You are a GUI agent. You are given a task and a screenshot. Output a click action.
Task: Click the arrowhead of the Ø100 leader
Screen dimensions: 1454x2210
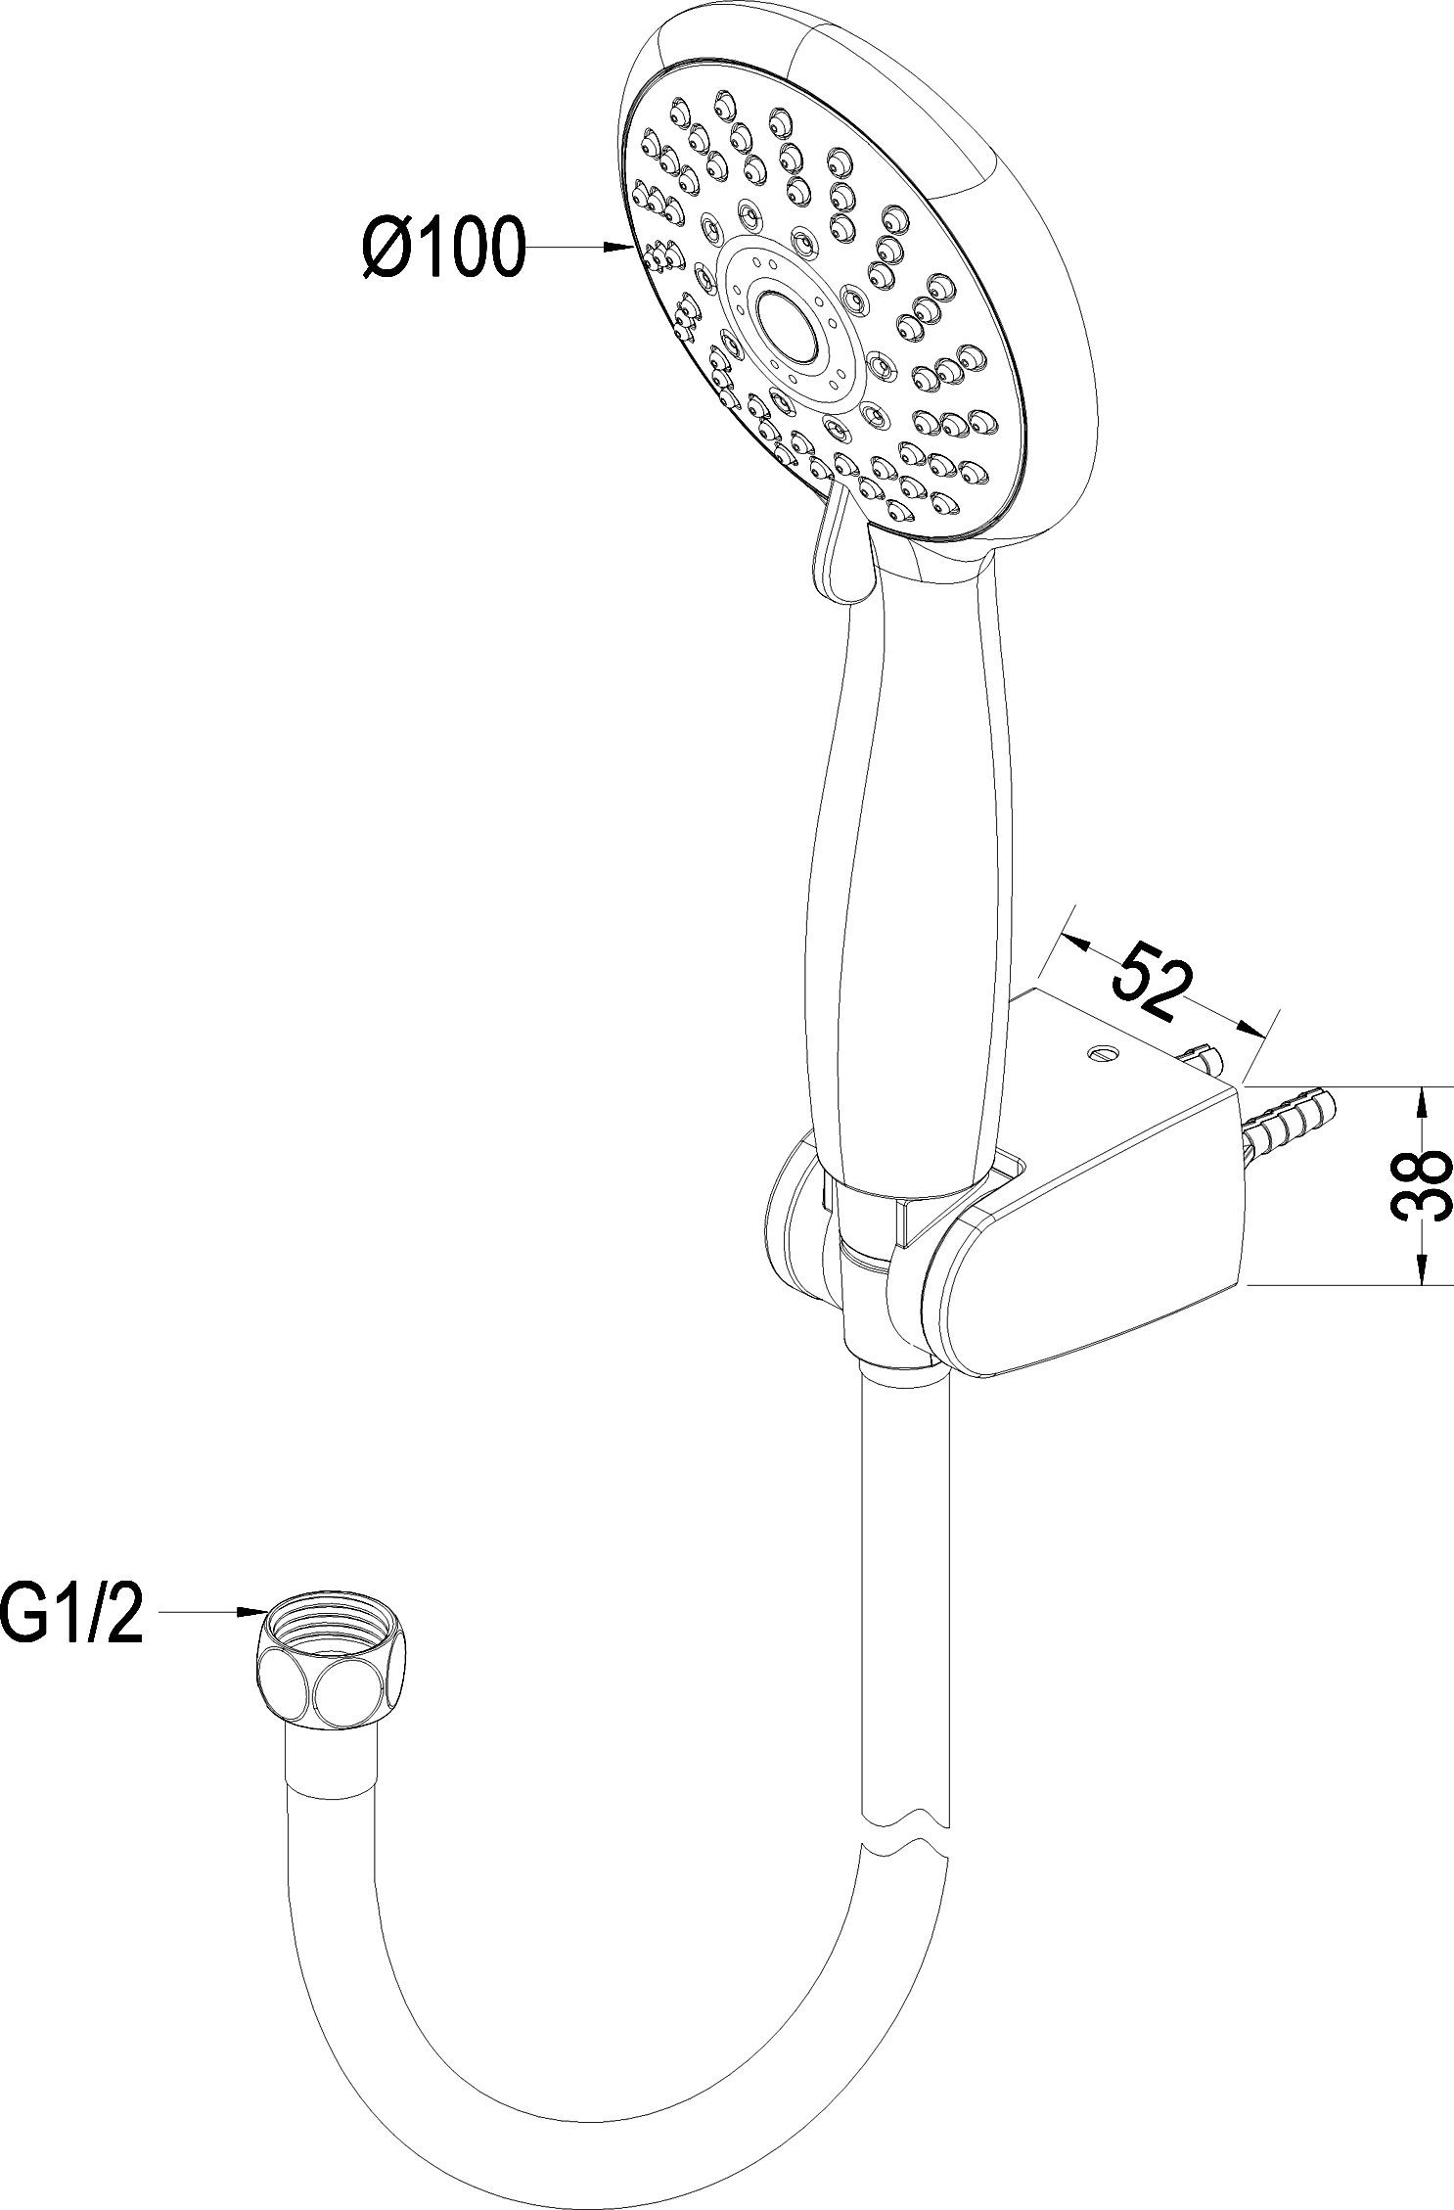(x=617, y=248)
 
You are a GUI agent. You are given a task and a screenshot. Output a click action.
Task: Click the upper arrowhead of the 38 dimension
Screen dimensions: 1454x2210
(x=1421, y=1103)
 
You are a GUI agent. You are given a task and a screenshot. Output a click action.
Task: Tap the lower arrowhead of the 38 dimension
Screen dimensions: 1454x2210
(x=1421, y=1267)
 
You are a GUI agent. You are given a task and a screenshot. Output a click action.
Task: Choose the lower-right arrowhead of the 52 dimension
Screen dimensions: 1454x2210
(x=1248, y=1026)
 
